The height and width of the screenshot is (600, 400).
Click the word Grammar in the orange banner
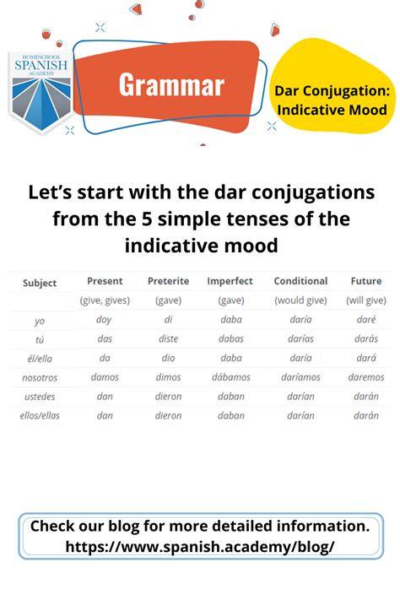171,85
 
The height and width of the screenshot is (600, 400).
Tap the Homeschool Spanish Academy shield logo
41,92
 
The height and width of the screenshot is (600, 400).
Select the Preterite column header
169,281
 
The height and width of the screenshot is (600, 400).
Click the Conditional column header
300,281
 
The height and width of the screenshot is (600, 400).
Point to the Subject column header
40,284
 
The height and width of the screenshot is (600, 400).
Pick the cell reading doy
104,320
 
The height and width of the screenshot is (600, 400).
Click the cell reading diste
169,338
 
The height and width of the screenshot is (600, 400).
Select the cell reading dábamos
231,377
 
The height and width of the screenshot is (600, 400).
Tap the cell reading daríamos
300,377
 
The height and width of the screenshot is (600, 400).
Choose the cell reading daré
366,319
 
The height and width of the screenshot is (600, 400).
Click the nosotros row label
40,378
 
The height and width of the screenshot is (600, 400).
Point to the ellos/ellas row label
40,415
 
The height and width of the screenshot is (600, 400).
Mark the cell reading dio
169,358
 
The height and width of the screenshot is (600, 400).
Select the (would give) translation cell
300,300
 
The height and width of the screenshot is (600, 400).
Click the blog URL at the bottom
200,547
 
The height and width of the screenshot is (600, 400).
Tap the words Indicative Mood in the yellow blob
332,110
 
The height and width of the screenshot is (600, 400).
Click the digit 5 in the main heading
147,219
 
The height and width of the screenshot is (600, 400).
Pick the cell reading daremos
366,377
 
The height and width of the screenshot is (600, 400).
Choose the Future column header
366,281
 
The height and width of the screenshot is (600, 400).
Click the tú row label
40,339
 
